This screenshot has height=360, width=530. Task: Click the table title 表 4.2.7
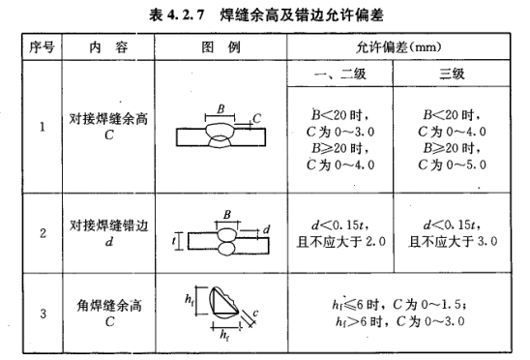click(177, 15)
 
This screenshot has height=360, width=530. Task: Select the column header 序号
click(42, 47)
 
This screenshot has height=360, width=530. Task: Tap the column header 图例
click(221, 47)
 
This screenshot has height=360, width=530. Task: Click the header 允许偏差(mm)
click(398, 47)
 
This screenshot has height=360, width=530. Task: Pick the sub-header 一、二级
click(339, 74)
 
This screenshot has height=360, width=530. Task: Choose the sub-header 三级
click(452, 74)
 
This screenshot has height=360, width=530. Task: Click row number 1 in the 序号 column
click(43, 127)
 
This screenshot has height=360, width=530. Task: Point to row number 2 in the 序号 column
click(43, 233)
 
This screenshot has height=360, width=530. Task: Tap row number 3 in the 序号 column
click(43, 314)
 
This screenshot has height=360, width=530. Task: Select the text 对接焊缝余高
click(108, 119)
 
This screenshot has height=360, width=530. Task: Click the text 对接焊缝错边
click(109, 225)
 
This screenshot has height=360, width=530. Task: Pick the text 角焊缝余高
click(109, 306)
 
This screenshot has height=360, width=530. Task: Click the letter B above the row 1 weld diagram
click(221, 109)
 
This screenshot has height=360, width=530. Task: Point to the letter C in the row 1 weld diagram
click(256, 118)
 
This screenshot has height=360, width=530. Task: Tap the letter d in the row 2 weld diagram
click(266, 229)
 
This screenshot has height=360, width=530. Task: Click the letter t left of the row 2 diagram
click(174, 241)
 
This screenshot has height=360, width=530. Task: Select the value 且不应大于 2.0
click(341, 242)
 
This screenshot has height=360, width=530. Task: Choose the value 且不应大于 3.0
click(453, 242)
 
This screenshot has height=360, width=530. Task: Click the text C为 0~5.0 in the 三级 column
click(452, 165)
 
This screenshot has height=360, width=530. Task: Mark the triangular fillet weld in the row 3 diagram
click(223, 303)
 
